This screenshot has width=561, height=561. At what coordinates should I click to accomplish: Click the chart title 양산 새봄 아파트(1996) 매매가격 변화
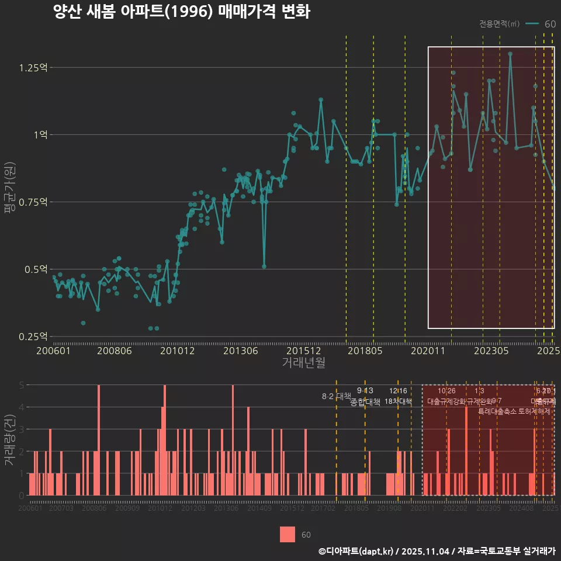pyautogui.click(x=181, y=12)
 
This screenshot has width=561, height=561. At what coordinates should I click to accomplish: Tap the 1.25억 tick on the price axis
pyautogui.click(x=33, y=68)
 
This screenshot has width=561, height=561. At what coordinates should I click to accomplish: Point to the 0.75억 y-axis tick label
pyautogui.click(x=33, y=202)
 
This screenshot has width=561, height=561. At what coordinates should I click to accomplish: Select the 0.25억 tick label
pyautogui.click(x=33, y=337)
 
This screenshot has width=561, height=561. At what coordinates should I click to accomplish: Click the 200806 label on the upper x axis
pyautogui.click(x=114, y=351)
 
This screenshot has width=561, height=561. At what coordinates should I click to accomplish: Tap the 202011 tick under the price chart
pyautogui.click(x=430, y=351)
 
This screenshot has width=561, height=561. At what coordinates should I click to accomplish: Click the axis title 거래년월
pyautogui.click(x=303, y=363)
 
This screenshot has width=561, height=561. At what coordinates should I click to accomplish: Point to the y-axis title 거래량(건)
pyautogui.click(x=9, y=440)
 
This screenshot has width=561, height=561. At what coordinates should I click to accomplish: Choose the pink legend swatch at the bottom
pyautogui.click(x=288, y=534)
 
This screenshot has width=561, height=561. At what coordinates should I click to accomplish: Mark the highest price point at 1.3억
pyautogui.click(x=510, y=54)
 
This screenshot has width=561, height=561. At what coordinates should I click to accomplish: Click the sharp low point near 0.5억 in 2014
pyautogui.click(x=264, y=266)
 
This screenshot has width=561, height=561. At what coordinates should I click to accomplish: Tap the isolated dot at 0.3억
pyautogui.click(x=83, y=323)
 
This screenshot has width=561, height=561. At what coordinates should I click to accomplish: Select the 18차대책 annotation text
pyautogui.click(x=398, y=401)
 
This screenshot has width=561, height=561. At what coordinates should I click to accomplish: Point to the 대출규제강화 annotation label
pyautogui.click(x=446, y=401)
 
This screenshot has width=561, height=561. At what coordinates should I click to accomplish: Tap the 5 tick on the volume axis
pyautogui.click(x=22, y=385)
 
